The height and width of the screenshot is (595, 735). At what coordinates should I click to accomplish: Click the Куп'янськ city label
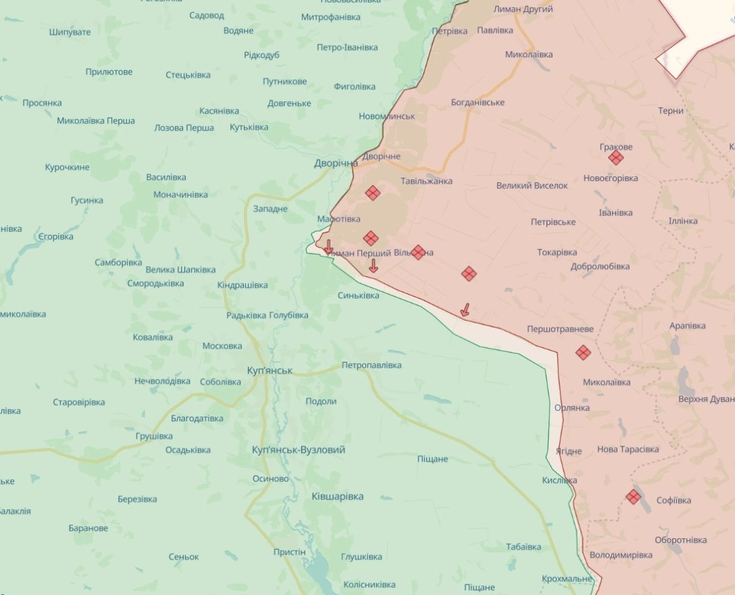click(x=270, y=371)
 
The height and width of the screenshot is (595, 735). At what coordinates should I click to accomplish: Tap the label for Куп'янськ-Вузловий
click(x=298, y=450)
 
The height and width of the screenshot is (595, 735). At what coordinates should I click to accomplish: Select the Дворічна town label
click(x=336, y=163)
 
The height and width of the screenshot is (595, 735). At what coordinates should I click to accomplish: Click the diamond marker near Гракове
click(x=615, y=158)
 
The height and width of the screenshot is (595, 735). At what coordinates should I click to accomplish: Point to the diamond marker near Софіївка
click(x=633, y=497)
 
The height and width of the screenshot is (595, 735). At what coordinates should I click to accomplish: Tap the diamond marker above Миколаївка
click(x=583, y=353)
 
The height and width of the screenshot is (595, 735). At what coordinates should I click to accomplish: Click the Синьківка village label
click(x=358, y=295)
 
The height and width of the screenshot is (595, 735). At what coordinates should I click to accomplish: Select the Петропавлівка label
click(x=372, y=365)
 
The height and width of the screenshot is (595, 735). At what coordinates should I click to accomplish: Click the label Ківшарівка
click(x=337, y=496)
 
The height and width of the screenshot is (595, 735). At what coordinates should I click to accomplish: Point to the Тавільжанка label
click(x=426, y=181)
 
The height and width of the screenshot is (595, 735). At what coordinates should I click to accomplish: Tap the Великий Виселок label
click(x=532, y=185)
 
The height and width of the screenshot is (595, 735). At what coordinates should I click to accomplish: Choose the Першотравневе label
click(x=560, y=329)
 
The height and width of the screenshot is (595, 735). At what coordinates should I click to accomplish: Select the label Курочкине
click(x=67, y=167)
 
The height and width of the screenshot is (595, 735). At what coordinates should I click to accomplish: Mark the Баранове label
click(x=88, y=528)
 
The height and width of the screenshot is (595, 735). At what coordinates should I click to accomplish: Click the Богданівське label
click(x=478, y=103)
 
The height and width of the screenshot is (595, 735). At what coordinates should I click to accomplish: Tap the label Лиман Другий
click(x=523, y=9)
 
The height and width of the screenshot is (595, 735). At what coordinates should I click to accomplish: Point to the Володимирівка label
click(x=621, y=554)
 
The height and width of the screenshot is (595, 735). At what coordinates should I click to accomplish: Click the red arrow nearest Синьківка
click(x=373, y=266)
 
